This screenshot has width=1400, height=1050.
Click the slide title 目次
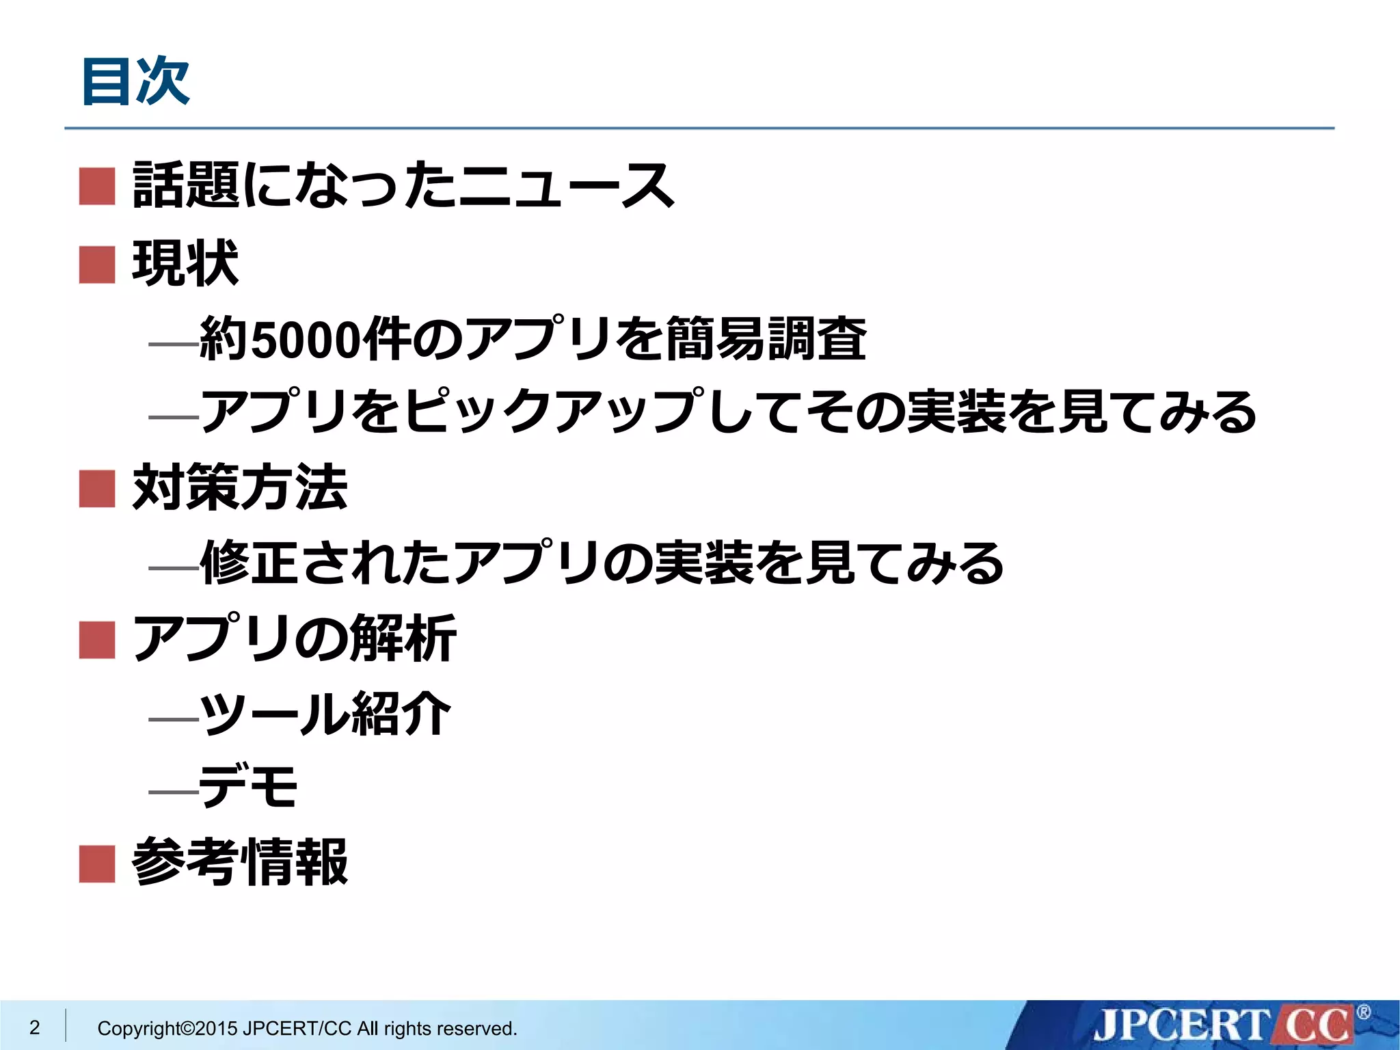click(x=135, y=82)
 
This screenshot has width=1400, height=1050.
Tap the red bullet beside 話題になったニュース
click(x=97, y=186)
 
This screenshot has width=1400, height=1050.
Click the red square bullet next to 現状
click(x=97, y=265)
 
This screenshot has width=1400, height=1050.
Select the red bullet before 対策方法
click(x=97, y=488)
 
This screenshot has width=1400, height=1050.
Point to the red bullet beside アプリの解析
click(x=97, y=640)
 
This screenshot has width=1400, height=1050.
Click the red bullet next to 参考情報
click(x=97, y=863)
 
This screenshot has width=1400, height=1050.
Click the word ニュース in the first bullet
click(x=566, y=186)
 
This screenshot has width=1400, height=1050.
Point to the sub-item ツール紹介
click(x=325, y=714)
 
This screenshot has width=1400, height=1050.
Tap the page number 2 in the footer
click(x=34, y=1027)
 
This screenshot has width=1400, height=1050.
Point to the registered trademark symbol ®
click(x=1364, y=1012)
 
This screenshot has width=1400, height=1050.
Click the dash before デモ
click(x=173, y=793)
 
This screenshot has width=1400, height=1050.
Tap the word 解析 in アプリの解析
click(x=403, y=638)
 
